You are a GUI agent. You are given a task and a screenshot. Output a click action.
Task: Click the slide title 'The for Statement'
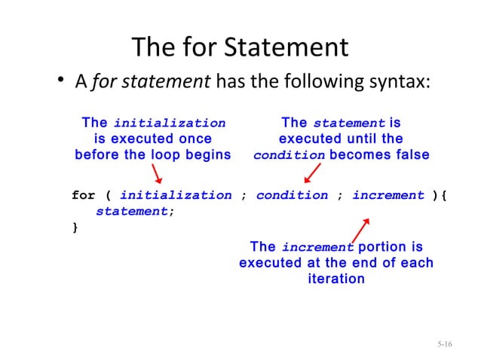[240, 49]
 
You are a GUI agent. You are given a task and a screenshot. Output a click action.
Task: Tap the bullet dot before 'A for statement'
[62, 83]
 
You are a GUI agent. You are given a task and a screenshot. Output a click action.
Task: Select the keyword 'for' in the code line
[83, 196]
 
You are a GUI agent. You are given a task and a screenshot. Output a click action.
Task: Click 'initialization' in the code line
[176, 196]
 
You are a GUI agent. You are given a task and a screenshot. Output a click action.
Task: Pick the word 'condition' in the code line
[292, 196]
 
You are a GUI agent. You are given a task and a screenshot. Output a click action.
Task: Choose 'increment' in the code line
[388, 196]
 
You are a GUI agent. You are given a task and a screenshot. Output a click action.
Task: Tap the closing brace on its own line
[75, 227]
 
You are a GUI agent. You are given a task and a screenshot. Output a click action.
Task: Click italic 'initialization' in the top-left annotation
[169, 124]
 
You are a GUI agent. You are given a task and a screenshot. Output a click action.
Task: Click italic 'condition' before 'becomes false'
[290, 156]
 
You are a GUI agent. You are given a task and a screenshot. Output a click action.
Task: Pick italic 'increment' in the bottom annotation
[317, 248]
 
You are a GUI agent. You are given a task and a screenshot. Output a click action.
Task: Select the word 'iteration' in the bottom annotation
[336, 279]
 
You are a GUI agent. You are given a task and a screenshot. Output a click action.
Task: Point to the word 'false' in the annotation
[410, 155]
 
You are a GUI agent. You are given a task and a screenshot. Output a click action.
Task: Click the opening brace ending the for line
[445, 196]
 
